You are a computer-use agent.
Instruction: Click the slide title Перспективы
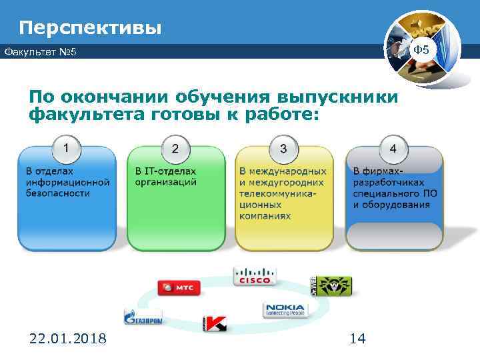[90, 27]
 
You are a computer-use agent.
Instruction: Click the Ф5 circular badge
[423, 50]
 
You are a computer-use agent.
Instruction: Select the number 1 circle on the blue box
[67, 145]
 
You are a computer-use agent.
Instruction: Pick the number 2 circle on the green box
[175, 147]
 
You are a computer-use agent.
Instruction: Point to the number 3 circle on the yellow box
[283, 147]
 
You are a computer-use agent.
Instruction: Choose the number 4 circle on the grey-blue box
[393, 147]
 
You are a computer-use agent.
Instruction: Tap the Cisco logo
[253, 275]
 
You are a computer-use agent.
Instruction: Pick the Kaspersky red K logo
[215, 323]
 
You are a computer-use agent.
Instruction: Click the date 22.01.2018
[67, 339]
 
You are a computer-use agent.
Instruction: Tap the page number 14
[357, 339]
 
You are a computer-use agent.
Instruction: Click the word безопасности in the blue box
[57, 193]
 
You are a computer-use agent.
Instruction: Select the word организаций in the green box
[165, 182]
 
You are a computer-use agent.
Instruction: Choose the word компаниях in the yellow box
[265, 216]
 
